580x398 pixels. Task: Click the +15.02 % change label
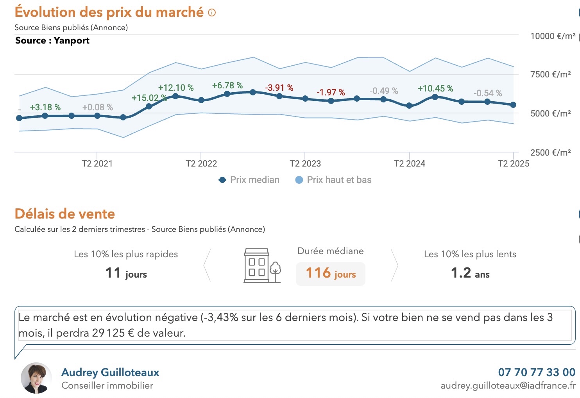pos(149,98)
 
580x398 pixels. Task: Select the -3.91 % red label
pos(279,88)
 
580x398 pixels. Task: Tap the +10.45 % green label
pos(435,88)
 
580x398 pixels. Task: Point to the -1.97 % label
pos(331,92)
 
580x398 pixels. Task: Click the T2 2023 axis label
pos(305,163)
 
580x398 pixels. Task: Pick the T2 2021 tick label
pos(97,163)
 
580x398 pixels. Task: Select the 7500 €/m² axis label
pos(550,74)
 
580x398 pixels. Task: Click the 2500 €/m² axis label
pos(550,152)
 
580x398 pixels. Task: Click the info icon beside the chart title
pos(212,13)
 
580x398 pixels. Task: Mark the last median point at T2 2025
pos(513,105)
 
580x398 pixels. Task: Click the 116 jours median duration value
pos(331,273)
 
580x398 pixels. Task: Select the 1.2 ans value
pos(470,273)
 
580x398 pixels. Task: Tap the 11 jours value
pos(126,273)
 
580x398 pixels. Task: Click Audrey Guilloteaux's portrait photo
pos(36,378)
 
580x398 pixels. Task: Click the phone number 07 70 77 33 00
pos(536,372)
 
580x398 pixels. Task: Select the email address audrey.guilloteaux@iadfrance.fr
pos(508,385)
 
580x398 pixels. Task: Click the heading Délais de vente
pos(65,214)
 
